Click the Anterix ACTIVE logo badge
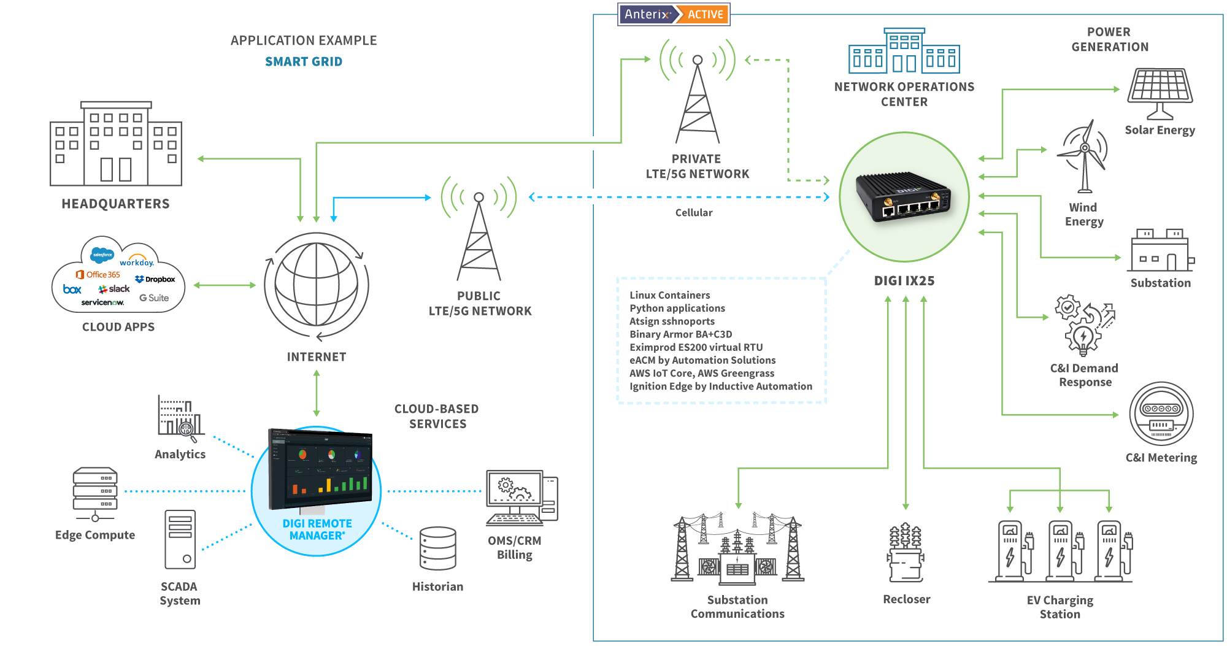pyautogui.click(x=674, y=14)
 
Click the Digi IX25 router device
pyautogui.click(x=904, y=196)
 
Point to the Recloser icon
pyautogui.click(x=906, y=552)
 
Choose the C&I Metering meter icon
pyautogui.click(x=1160, y=414)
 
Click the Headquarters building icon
pyautogui.click(x=116, y=144)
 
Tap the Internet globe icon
pyautogui.click(x=316, y=285)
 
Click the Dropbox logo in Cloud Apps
pyautogui.click(x=155, y=279)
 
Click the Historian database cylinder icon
pyautogui.click(x=437, y=548)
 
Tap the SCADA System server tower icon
pyautogui.click(x=180, y=539)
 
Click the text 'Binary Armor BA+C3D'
pyautogui.click(x=680, y=334)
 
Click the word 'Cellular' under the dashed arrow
pyautogui.click(x=693, y=213)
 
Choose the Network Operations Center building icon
pyautogui.click(x=904, y=52)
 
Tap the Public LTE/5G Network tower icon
pyautogui.click(x=479, y=233)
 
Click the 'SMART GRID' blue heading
pyautogui.click(x=304, y=61)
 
